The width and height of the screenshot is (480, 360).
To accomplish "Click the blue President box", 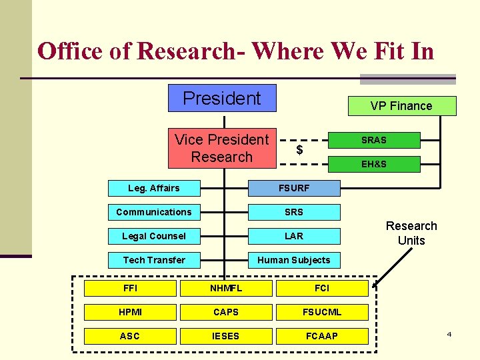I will pos(222,98).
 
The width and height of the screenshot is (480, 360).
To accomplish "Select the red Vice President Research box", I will pos(222,148).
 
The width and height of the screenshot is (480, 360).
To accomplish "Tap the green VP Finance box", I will pos(401,106).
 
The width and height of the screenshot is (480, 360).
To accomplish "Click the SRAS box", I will pos(374,140).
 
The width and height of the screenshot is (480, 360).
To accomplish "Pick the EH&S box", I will pos(374,164).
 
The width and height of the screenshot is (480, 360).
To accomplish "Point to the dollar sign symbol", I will pos(299,150).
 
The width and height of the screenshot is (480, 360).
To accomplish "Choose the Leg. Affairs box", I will pos(154,188).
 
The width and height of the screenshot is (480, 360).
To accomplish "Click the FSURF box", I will pos(294,188).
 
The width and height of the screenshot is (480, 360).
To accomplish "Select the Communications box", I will pos(154,212).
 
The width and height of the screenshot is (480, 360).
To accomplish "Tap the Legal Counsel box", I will pos(154,236).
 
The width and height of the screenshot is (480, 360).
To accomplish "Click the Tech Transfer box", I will pos(154,260).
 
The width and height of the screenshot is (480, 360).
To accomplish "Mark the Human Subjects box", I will pos(294,260).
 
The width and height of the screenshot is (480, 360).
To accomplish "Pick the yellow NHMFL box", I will pos(226,288).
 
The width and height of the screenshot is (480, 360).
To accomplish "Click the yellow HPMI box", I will pos(130,312).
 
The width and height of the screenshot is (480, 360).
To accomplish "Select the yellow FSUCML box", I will pos(322,312).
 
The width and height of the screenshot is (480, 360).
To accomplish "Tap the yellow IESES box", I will pos(226,336).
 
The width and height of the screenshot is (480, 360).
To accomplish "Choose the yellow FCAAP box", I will pos(322,336).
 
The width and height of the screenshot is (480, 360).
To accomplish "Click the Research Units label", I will pos(411,233).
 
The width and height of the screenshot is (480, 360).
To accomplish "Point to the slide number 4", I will pos(449,333).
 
